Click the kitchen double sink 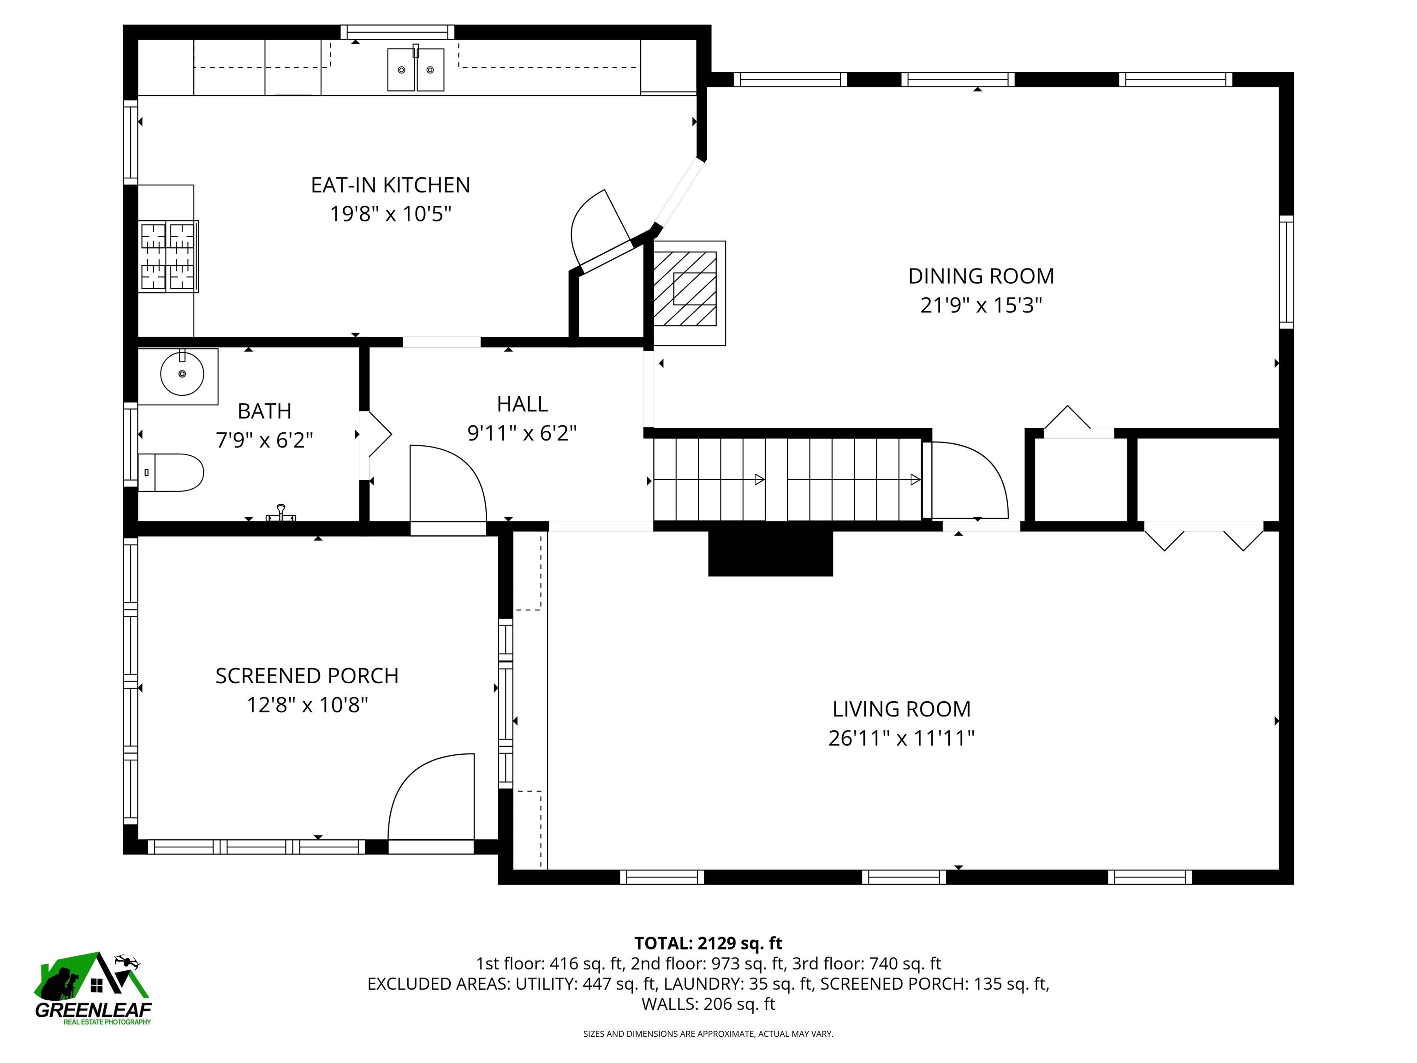pyautogui.click(x=416, y=69)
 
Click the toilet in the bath pyautogui.click(x=172, y=473)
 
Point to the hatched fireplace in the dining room pyautogui.click(x=685, y=288)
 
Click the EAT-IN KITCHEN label pyautogui.click(x=390, y=185)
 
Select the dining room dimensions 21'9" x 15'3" pyautogui.click(x=981, y=305)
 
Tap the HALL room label pyautogui.click(x=522, y=404)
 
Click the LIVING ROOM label pyautogui.click(x=901, y=709)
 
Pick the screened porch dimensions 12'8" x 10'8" pyautogui.click(x=308, y=705)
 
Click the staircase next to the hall pyautogui.click(x=786, y=479)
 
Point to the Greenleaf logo pyautogui.click(x=94, y=989)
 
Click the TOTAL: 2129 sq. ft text pyautogui.click(x=708, y=943)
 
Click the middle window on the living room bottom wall pyautogui.click(x=903, y=877)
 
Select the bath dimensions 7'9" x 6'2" pyautogui.click(x=265, y=440)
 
